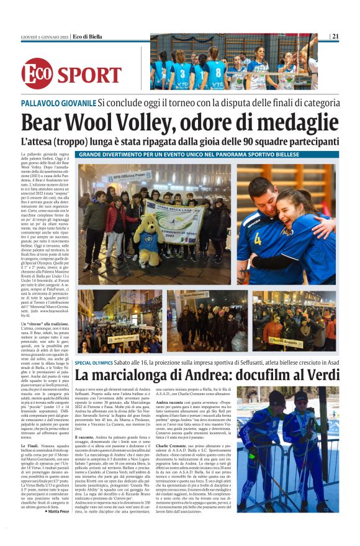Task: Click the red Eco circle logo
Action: coord(37,73)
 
